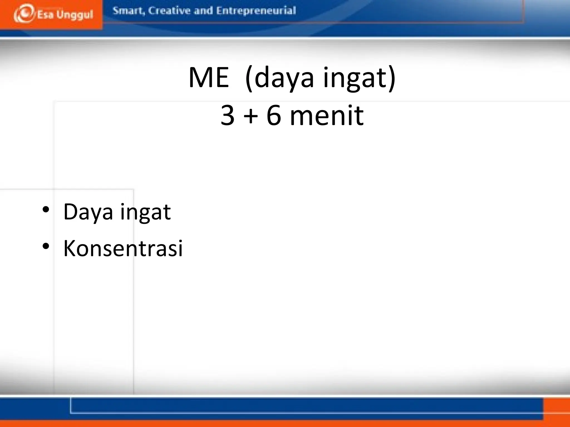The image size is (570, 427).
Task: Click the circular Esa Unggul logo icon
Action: pyautogui.click(x=24, y=13)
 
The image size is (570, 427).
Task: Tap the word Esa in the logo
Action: pyautogui.click(x=45, y=14)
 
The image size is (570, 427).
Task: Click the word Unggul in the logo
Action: pyautogui.click(x=75, y=15)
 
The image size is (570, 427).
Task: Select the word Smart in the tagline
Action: pyautogui.click(x=129, y=11)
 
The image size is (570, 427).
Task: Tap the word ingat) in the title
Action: pyautogui.click(x=359, y=78)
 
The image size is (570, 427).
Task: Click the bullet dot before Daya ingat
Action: pyautogui.click(x=46, y=210)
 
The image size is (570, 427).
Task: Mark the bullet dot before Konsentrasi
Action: pyautogui.click(x=46, y=246)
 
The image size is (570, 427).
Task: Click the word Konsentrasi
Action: pyautogui.click(x=123, y=248)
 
